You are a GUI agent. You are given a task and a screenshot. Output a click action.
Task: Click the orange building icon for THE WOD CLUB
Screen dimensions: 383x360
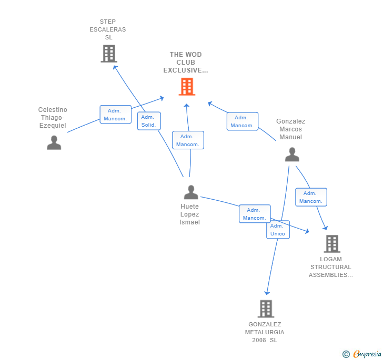[x=187, y=86]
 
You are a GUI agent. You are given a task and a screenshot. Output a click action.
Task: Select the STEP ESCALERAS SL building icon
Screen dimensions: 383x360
[x=109, y=54]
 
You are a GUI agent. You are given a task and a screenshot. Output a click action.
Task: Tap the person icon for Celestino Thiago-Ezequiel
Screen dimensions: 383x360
[x=54, y=142]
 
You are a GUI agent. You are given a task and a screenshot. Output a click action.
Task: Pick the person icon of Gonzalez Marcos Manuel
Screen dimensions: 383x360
[x=292, y=155]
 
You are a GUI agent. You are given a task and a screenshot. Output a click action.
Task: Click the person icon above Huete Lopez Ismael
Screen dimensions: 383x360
[x=191, y=192]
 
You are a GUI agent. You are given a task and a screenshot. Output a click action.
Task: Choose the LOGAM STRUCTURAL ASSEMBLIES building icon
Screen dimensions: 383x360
[x=332, y=243]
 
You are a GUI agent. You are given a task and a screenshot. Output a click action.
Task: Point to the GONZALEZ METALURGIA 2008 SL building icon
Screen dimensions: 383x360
[x=266, y=308]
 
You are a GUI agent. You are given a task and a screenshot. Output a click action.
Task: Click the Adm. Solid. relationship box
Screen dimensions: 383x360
[x=149, y=121]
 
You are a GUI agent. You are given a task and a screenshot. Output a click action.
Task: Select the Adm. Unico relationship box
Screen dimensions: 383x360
[x=278, y=230]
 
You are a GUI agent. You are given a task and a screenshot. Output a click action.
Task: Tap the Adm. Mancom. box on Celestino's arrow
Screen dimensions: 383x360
[x=116, y=115]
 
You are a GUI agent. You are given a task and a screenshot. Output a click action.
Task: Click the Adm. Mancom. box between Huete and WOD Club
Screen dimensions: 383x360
[x=188, y=140]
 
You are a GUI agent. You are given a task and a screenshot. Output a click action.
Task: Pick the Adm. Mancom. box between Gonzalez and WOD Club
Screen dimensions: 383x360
[x=243, y=121]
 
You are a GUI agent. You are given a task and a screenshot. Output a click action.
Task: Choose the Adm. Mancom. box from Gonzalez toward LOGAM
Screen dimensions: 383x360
[x=311, y=197]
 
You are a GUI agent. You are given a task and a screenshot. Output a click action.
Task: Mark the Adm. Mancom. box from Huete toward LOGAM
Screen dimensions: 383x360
[x=255, y=214]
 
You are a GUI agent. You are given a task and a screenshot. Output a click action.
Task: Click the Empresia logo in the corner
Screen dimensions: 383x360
[x=362, y=354]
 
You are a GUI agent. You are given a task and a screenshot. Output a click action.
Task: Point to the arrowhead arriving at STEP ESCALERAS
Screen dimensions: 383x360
[x=115, y=67]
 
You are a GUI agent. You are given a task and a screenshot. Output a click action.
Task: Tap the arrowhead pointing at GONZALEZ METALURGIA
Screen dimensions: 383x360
[x=267, y=293]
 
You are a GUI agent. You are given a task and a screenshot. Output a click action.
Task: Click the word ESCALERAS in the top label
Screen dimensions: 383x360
[x=108, y=29]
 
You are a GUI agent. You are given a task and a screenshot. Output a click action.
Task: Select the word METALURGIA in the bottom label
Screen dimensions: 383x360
[x=265, y=332]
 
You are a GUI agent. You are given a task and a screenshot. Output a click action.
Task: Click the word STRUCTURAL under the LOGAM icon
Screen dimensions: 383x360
[x=331, y=267]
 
